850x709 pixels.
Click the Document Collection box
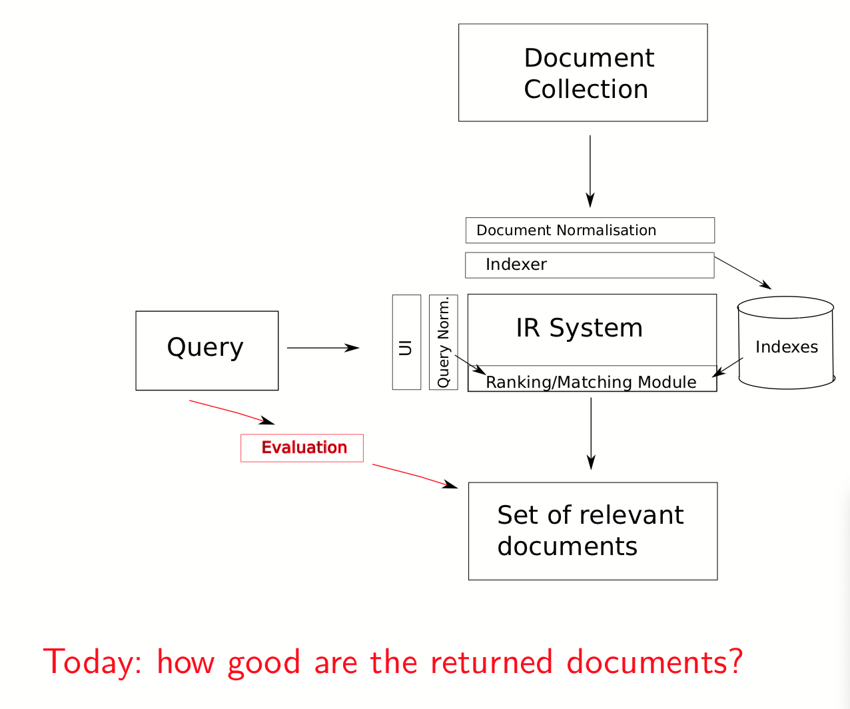point(583,73)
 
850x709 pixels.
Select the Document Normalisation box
point(590,231)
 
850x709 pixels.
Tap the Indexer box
point(590,265)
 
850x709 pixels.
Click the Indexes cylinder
point(786,344)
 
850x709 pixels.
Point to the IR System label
point(579,329)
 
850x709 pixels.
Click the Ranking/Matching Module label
point(591,382)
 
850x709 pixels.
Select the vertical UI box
point(406,342)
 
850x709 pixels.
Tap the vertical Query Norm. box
point(444,342)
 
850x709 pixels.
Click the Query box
point(207,351)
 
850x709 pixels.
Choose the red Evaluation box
point(302,448)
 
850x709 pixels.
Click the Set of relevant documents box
point(593,531)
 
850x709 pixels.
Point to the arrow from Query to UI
point(323,348)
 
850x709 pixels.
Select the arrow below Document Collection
point(590,171)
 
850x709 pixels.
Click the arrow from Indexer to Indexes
point(742,273)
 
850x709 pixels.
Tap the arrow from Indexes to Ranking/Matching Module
point(727,367)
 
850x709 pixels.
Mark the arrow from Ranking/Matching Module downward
point(591,433)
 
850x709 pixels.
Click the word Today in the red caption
point(93,662)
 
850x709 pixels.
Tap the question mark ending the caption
point(735,661)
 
